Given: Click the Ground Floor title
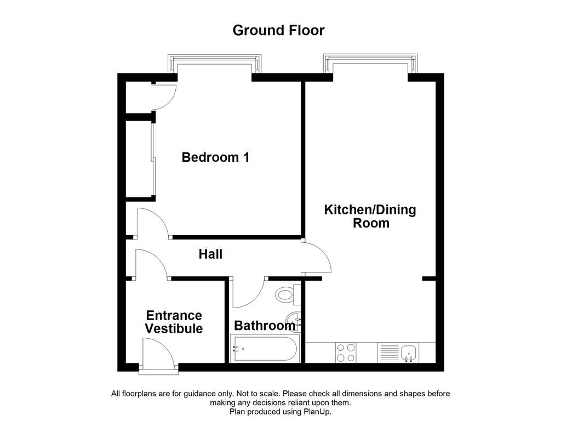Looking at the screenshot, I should [x=278, y=30].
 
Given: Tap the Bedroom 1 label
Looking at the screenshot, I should [x=215, y=157].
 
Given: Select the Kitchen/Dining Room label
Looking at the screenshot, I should [x=370, y=217].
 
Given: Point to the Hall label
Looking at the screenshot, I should [x=210, y=254].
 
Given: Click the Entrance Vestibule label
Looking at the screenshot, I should [x=173, y=322].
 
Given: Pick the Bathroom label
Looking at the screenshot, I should [x=264, y=326].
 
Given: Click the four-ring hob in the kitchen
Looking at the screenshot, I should [x=345, y=352].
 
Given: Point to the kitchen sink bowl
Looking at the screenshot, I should [x=409, y=352].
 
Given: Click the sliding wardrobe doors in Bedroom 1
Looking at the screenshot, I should [x=154, y=159].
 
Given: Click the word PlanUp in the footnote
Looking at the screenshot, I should [x=317, y=411].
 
